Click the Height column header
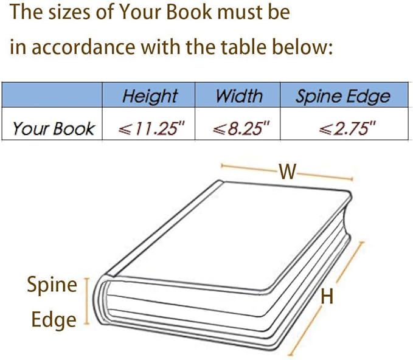[150, 97]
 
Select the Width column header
[239, 96]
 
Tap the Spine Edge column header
[342, 97]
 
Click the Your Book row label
[54, 129]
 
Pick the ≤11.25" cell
[151, 129]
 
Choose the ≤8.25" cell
[241, 129]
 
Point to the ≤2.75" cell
[347, 129]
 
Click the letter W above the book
[288, 171]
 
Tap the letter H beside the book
[327, 297]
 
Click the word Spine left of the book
[52, 285]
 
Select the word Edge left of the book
[54, 320]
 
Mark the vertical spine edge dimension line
[86, 301]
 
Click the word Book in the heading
[189, 12]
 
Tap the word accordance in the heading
[83, 47]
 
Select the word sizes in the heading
[69, 12]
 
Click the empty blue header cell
[52, 95]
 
